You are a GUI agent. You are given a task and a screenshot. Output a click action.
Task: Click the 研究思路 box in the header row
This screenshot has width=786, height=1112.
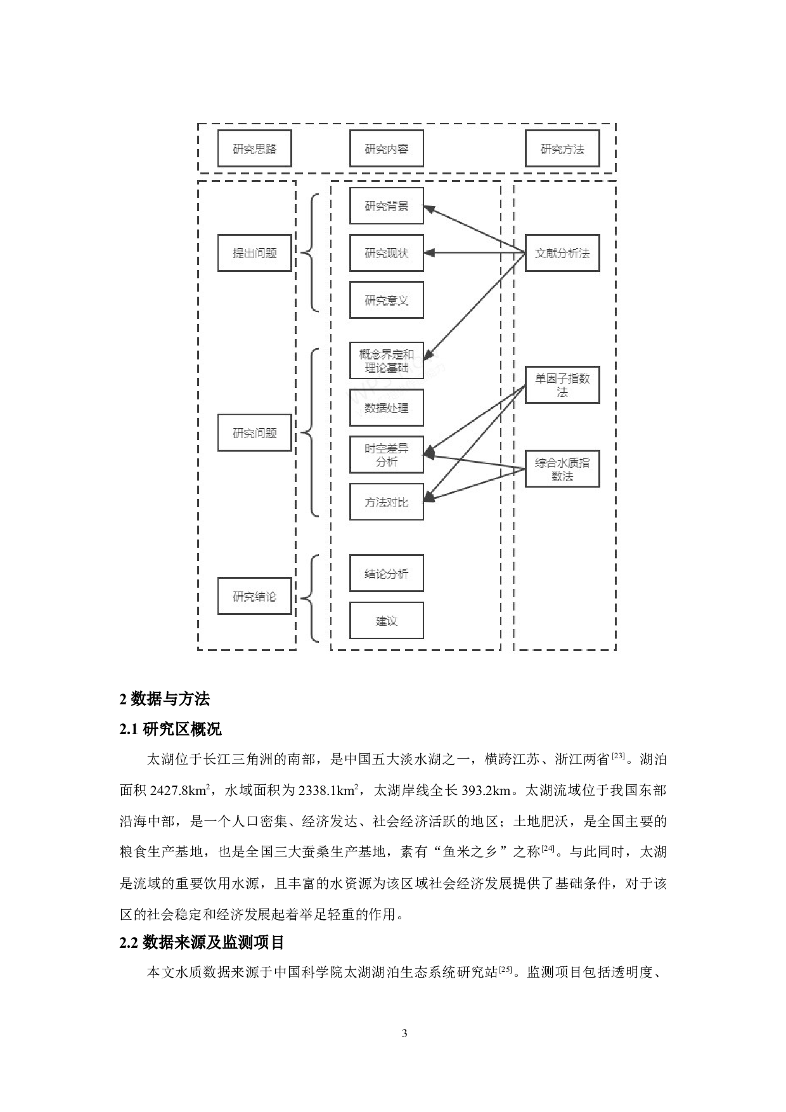click(254, 149)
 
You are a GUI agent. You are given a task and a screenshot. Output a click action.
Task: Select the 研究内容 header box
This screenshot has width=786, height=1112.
click(386, 149)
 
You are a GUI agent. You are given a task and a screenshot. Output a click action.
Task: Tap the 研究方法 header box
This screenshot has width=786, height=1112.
click(562, 149)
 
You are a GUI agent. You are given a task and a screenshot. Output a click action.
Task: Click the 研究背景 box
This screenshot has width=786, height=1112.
click(386, 205)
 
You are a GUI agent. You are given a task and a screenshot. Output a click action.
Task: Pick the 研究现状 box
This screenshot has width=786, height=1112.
click(386, 253)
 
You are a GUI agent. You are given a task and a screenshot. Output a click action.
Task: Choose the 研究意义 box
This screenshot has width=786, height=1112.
click(386, 300)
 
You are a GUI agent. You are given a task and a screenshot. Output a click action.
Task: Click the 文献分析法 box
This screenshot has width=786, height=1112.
click(562, 253)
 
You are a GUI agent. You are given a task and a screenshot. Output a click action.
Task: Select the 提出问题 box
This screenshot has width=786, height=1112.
click(254, 253)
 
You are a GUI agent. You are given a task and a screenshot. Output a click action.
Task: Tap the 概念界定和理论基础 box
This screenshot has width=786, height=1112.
click(386, 360)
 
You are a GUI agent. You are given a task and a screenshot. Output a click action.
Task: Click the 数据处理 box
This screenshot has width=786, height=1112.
click(386, 407)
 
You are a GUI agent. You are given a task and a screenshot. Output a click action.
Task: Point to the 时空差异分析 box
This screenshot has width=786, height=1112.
click(386, 455)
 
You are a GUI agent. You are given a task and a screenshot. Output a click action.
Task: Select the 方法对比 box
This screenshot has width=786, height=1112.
click(386, 502)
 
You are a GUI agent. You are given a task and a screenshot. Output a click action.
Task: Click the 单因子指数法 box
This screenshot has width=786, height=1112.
click(562, 385)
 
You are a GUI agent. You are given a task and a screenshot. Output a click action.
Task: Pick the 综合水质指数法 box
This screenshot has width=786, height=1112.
click(562, 469)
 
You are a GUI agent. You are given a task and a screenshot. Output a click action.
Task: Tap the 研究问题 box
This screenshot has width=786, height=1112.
click(254, 433)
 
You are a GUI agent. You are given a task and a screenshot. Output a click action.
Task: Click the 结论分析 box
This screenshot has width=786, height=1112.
click(386, 573)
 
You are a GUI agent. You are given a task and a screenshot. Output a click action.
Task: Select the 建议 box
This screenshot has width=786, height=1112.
click(386, 620)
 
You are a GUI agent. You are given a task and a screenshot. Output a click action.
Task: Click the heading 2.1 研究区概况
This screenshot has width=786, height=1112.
click(171, 729)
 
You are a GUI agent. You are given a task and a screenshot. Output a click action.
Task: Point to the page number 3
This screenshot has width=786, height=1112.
click(404, 1033)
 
